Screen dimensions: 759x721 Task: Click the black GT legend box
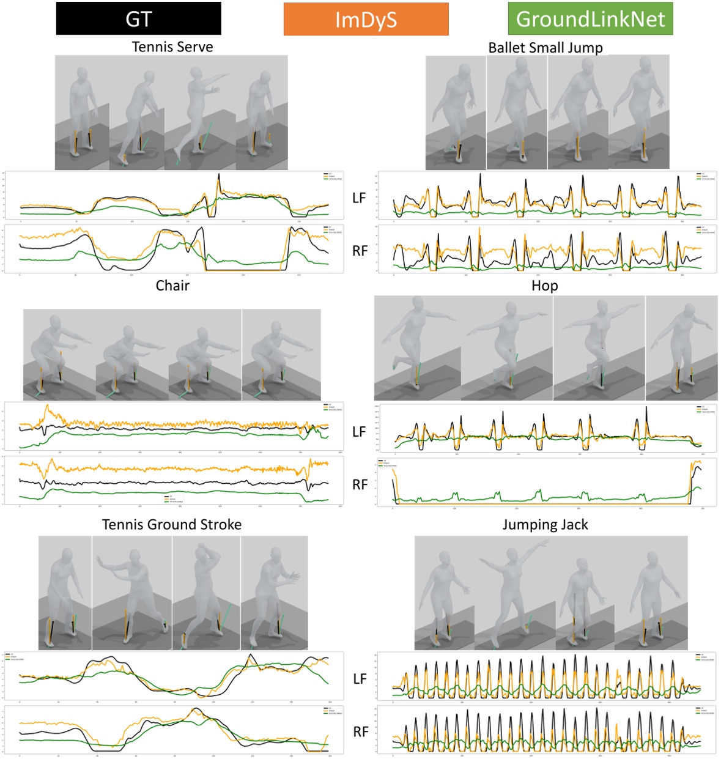click(x=138, y=19)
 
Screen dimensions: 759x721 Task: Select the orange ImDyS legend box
click(x=366, y=20)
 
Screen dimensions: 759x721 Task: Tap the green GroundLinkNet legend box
click(x=590, y=19)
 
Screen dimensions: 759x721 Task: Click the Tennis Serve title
click(x=172, y=47)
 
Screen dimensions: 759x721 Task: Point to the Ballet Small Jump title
click(x=545, y=48)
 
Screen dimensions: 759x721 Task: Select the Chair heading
click(x=172, y=286)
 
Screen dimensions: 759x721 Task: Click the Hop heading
click(x=544, y=286)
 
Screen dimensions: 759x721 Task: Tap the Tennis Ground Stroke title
click(x=172, y=525)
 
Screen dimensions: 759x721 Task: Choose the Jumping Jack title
click(x=545, y=525)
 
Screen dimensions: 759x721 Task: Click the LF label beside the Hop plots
click(x=359, y=432)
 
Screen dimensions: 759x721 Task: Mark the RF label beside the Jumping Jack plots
click(x=360, y=732)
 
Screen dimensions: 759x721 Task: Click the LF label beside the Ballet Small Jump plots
click(x=359, y=198)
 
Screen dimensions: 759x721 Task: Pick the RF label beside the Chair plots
click(x=360, y=485)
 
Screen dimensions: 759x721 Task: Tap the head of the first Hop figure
click(x=418, y=305)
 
